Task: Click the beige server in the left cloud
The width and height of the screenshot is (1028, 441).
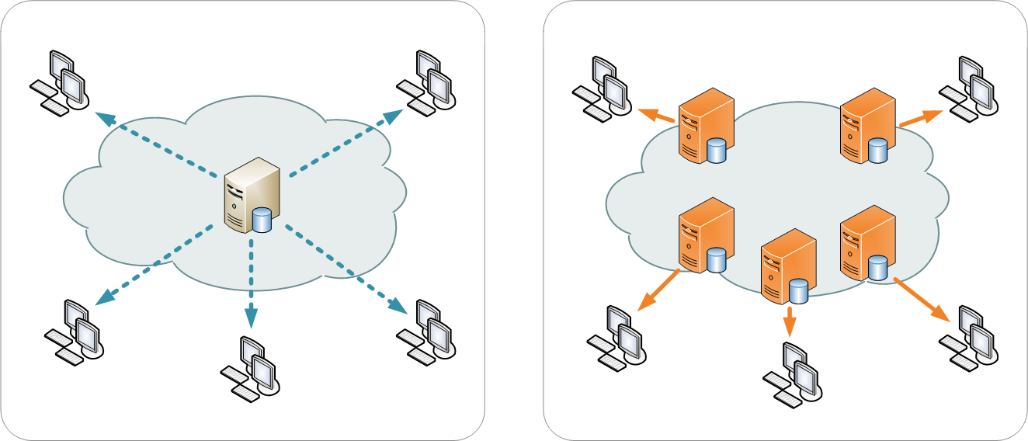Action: click(251, 194)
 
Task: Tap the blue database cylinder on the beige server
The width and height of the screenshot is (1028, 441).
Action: click(262, 220)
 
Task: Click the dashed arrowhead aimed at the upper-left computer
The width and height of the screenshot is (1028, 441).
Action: click(106, 119)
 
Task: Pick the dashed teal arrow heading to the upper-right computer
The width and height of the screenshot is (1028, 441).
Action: click(342, 143)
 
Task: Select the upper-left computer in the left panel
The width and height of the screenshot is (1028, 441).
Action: click(60, 82)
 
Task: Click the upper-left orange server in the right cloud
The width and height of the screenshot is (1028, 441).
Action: click(706, 126)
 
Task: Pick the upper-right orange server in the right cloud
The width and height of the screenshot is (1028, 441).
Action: click(868, 126)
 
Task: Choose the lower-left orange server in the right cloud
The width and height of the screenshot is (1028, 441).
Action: click(706, 235)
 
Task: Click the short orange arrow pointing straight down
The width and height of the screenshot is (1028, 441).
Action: click(790, 321)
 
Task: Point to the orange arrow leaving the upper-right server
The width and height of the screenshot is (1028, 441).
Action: click(920, 118)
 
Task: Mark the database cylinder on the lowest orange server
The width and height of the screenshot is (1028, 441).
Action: click(798, 291)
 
